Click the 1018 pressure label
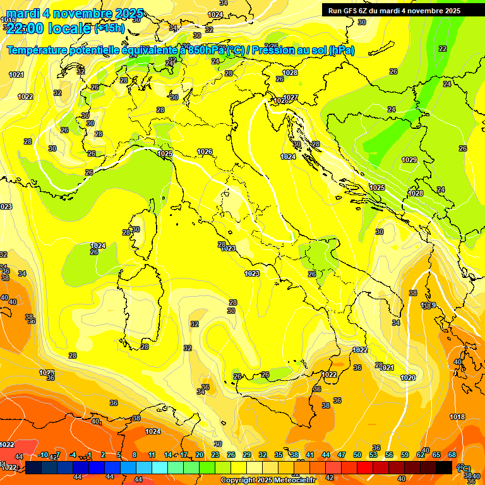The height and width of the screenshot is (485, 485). pyautogui.click(x=457, y=417)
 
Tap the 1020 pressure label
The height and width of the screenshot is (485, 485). pyautogui.click(x=408, y=378)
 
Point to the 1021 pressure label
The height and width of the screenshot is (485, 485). pyautogui.click(x=16, y=75)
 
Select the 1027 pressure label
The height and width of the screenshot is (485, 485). pyautogui.click(x=290, y=97)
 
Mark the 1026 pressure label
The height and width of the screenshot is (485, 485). pyautogui.click(x=205, y=152)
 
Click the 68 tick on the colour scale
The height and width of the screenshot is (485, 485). pyautogui.click(x=452, y=455)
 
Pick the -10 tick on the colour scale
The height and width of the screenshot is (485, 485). pyautogui.click(x=43, y=455)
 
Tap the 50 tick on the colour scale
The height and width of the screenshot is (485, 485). pyautogui.click(x=357, y=455)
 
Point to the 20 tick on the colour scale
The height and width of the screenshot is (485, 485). pyautogui.click(x=200, y=455)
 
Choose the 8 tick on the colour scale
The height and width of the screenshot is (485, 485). pyautogui.click(x=135, y=455)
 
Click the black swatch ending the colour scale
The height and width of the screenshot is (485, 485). pyautogui.click(x=444, y=467)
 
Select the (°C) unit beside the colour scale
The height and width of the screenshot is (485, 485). pyautogui.click(x=463, y=468)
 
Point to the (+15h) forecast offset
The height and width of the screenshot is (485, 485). pyautogui.click(x=110, y=28)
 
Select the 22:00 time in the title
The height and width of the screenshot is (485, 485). pyautogui.click(x=35, y=28)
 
